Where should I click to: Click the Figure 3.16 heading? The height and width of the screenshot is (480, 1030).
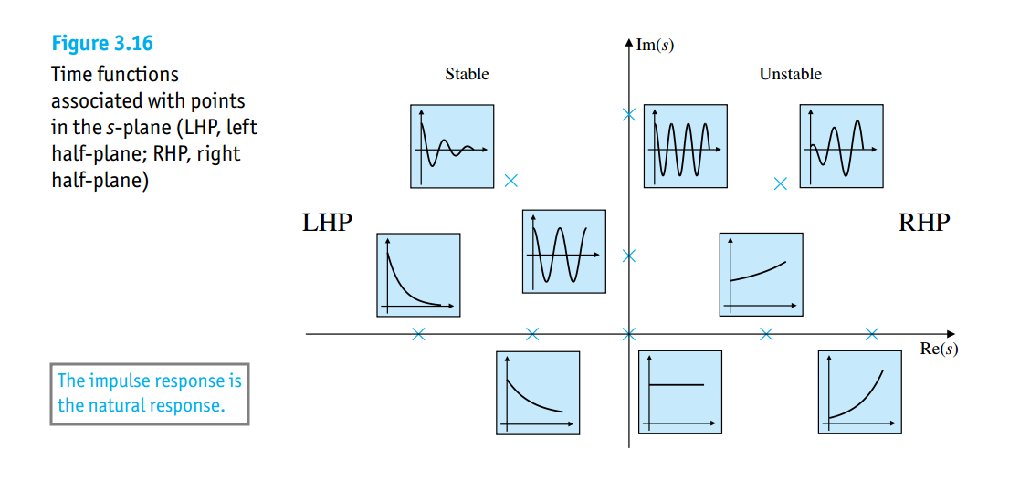coord(102,43)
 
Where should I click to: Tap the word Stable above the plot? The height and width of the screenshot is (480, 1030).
coord(467,74)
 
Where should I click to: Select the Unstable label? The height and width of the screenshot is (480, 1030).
coord(790,74)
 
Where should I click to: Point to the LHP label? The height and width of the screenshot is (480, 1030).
coord(327,223)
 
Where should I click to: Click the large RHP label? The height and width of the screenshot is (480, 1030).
coord(924,223)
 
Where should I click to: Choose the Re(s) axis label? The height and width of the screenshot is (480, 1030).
coord(939,350)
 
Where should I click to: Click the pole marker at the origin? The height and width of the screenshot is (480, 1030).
coord(628,334)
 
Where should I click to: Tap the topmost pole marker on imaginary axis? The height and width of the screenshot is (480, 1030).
coord(628,115)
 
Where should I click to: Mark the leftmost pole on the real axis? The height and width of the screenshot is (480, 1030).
coord(418,334)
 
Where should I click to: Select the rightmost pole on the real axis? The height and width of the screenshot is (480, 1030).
coord(872,334)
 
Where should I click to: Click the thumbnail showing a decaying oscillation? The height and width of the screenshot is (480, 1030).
coord(452,146)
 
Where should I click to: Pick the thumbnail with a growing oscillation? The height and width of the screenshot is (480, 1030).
coord(841,146)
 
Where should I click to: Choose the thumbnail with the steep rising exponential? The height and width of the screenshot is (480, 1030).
coord(858,391)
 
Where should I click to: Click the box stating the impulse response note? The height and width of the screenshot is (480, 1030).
coord(150,393)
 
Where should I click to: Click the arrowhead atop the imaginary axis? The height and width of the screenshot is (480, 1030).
coord(628,42)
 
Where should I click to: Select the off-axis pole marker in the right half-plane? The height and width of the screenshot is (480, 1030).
coord(780,183)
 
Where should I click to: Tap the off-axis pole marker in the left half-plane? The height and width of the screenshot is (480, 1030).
coord(511,181)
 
